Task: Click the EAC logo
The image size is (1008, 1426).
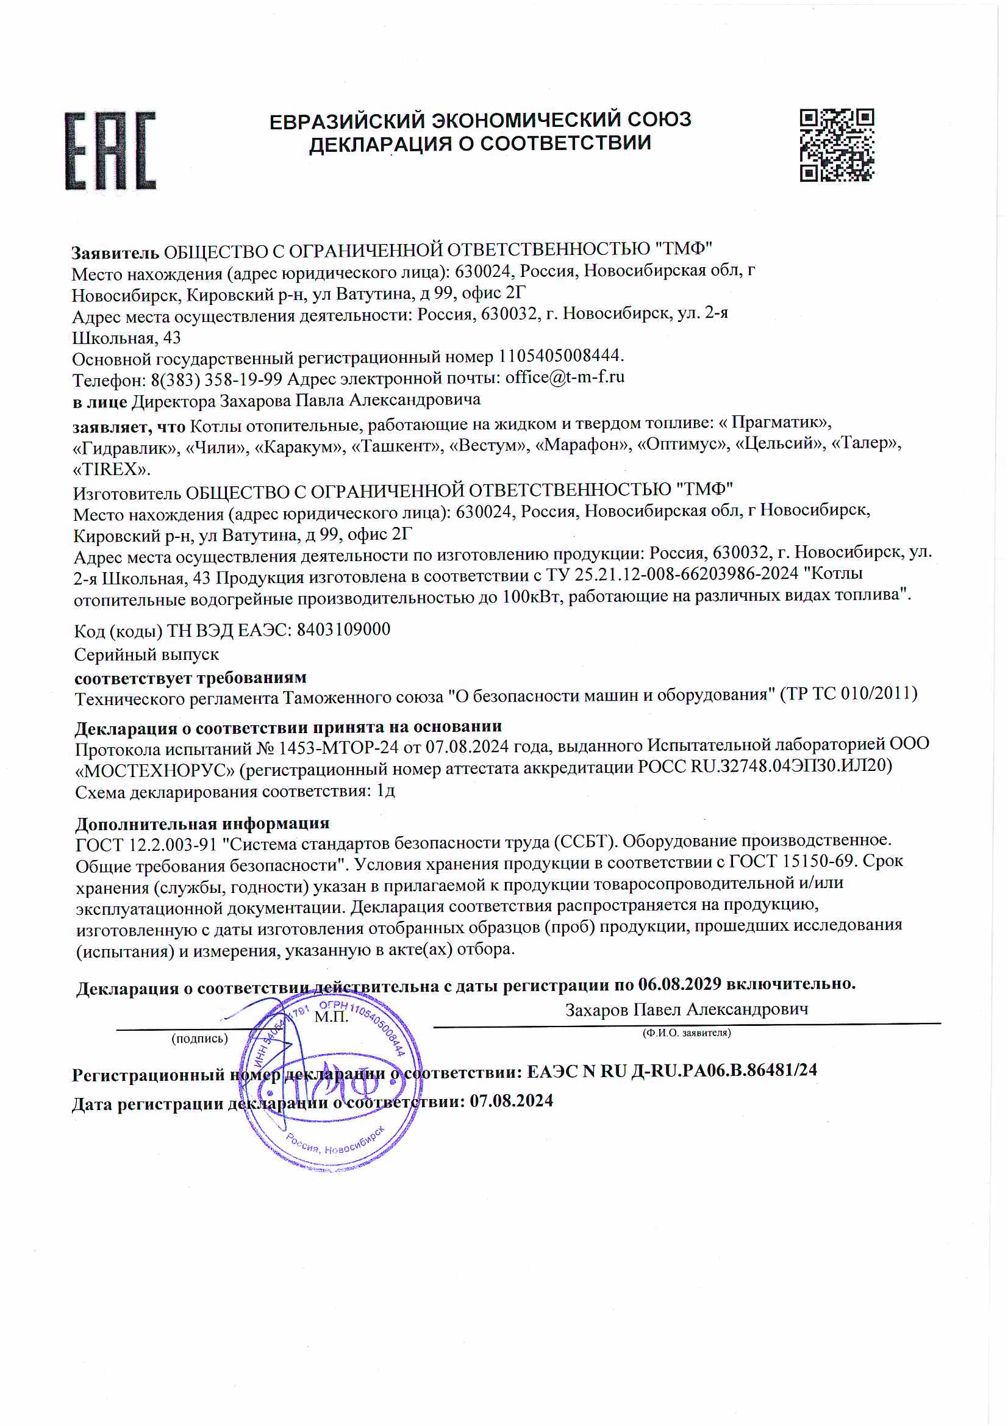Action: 110,150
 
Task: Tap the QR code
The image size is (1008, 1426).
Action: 836,145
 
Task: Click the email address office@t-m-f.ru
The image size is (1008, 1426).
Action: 565,377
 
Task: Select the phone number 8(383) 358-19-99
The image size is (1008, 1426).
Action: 216,379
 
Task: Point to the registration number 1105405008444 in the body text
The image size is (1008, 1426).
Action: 560,356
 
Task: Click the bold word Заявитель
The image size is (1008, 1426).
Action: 115,253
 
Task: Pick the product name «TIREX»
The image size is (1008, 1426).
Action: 111,469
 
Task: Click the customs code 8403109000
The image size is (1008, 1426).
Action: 343,629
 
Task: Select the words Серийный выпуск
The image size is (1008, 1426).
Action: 146,654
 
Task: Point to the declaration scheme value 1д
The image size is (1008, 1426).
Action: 385,790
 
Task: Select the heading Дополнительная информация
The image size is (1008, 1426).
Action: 202,823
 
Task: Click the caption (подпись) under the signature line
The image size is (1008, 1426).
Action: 199,1039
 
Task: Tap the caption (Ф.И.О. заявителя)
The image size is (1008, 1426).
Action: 686,1032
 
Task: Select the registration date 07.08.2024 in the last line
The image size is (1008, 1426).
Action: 510,1100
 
